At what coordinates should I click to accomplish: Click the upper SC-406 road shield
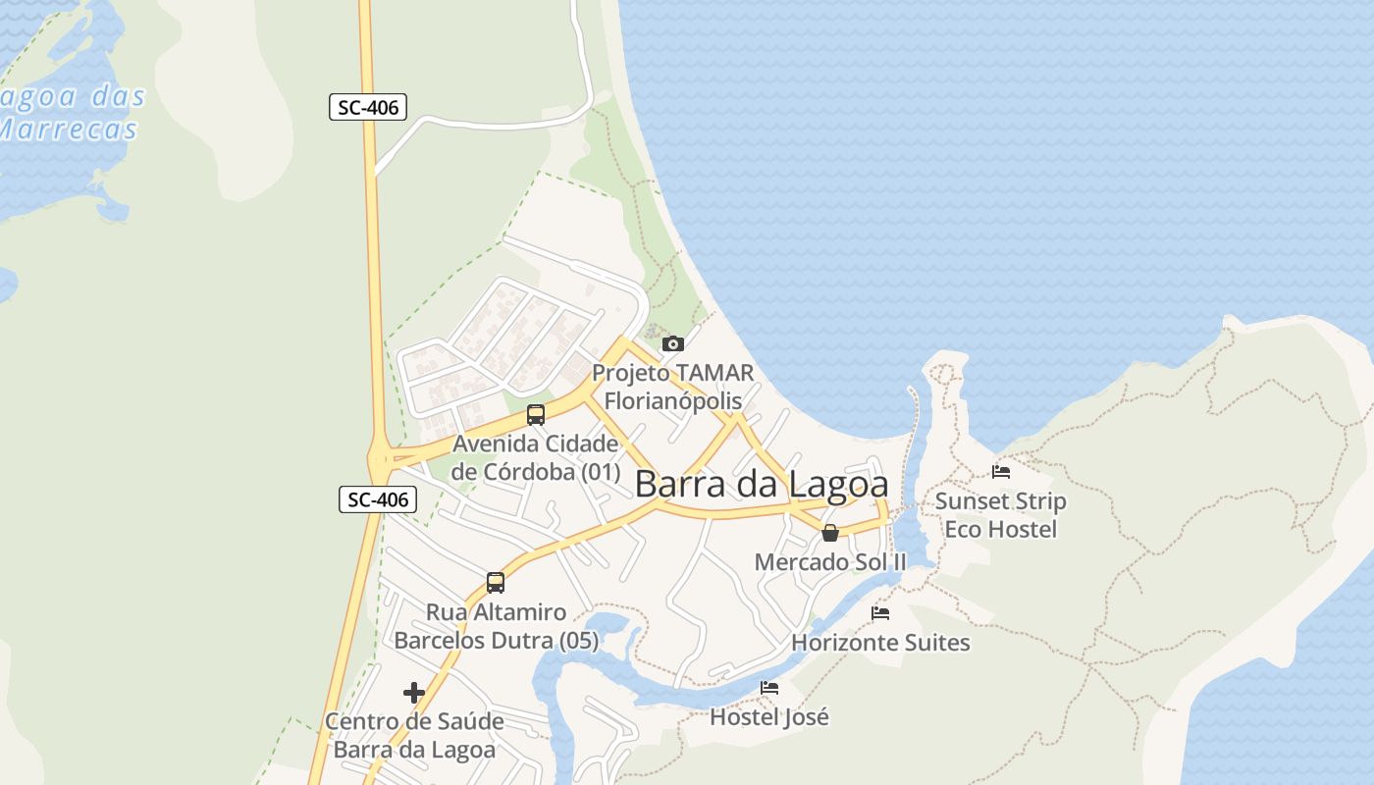[368, 107]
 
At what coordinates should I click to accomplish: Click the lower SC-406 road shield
[379, 499]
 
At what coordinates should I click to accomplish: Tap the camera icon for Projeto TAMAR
[672, 343]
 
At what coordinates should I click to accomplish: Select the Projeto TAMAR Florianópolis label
[673, 387]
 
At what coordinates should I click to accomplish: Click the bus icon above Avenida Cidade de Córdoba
[535, 414]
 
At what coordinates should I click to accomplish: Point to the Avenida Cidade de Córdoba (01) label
[536, 457]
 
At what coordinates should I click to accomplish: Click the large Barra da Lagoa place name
[762, 484]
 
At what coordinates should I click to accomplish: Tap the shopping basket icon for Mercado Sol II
[830, 533]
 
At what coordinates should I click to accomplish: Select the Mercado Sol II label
[830, 561]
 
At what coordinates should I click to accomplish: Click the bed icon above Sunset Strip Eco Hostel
[1001, 472]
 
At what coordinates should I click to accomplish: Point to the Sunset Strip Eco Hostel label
[1000, 515]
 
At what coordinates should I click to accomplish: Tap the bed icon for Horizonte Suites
[880, 613]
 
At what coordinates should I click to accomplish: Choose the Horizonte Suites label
[880, 643]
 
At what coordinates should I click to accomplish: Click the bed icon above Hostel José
[769, 688]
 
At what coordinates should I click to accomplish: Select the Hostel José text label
[769, 717]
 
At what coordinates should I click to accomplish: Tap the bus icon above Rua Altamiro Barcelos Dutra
[496, 582]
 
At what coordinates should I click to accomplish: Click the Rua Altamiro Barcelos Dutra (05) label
[496, 626]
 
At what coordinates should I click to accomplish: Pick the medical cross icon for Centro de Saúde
[414, 693]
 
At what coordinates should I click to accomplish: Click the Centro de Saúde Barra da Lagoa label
[414, 735]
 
